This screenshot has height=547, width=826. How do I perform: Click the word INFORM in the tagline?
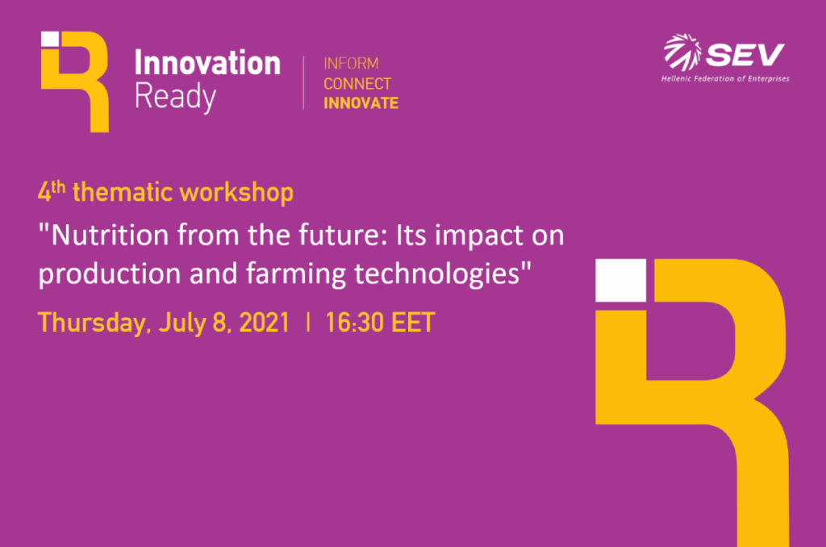pos(351,64)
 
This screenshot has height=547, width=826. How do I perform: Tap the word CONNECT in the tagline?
pos(357,84)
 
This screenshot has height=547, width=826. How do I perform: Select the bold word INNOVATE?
pos(361,103)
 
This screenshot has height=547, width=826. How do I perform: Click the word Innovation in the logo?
pos(207,63)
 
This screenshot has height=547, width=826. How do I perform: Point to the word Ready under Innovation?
pos(175,97)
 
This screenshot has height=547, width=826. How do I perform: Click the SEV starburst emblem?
pos(682,52)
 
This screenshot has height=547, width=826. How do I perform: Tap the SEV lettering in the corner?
pos(745,55)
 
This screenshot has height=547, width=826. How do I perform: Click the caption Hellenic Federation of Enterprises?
pos(725,79)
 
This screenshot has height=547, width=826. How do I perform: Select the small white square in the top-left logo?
pos(50,39)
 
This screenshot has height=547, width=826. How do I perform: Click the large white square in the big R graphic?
pos(620,280)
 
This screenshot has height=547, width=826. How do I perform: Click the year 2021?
pos(265,323)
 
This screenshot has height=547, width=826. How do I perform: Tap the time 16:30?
pos(354,323)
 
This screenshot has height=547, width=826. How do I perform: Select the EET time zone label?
pos(413,323)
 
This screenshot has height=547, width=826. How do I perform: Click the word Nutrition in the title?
pos(110,235)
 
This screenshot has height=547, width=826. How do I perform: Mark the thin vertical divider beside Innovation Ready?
pos(303,83)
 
